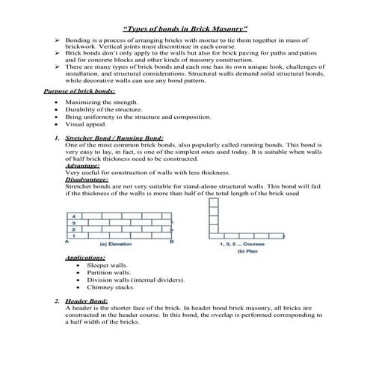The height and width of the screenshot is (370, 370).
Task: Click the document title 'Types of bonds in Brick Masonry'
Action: (x=185, y=27)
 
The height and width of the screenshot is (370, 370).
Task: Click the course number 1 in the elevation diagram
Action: (x=73, y=235)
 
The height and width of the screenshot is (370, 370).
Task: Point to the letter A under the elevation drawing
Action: (x=67, y=242)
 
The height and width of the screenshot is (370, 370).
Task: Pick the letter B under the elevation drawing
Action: (x=172, y=242)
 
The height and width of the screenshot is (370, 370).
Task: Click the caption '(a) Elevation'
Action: (x=119, y=244)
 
